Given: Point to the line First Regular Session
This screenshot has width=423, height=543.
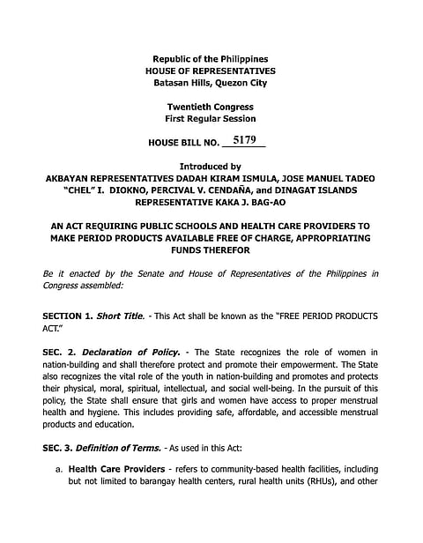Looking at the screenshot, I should pos(211,118).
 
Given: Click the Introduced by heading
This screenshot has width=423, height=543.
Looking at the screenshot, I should pos(211,166).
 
